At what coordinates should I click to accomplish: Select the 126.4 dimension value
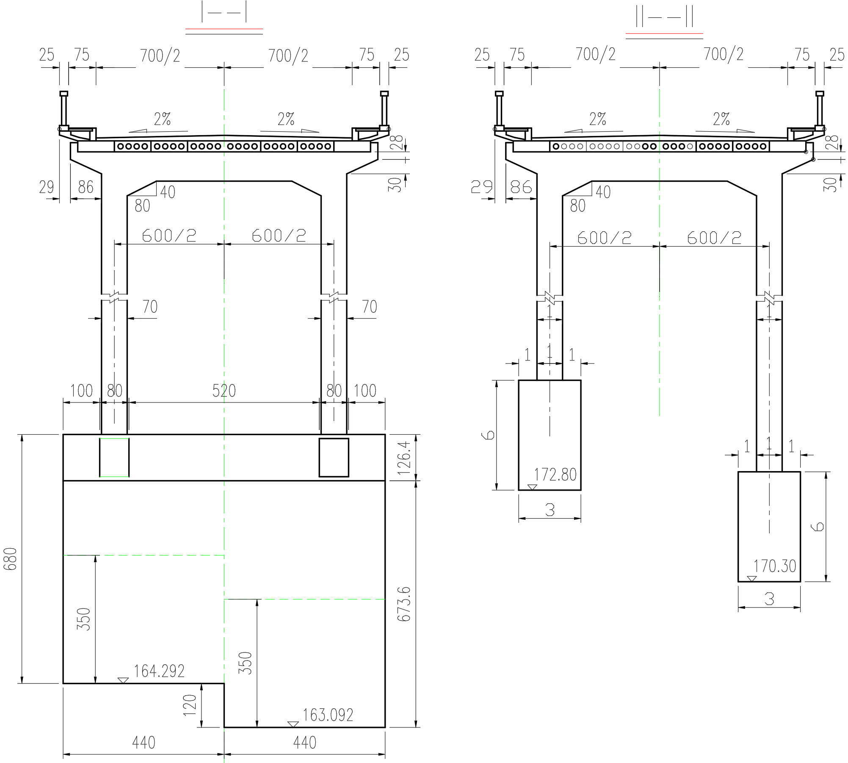click(x=405, y=457)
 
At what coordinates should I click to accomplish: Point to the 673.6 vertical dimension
click(x=405, y=604)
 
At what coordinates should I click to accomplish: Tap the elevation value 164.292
click(x=159, y=671)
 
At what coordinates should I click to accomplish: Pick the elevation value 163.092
click(x=328, y=716)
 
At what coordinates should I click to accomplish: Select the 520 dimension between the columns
click(x=224, y=391)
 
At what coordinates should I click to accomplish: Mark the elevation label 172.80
click(x=555, y=475)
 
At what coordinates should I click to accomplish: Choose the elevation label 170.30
click(x=775, y=566)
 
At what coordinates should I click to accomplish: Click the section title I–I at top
click(x=224, y=12)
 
